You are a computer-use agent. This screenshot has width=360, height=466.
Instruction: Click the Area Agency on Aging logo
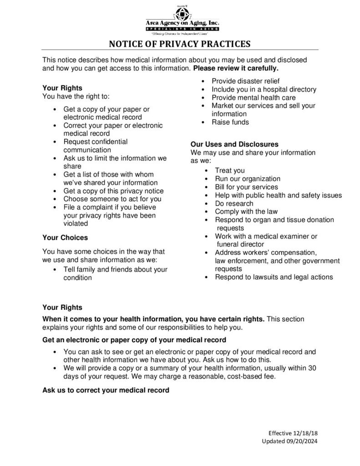(182, 20)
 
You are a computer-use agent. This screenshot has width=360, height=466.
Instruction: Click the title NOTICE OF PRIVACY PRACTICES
(180, 44)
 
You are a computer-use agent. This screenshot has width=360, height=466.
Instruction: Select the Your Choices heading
(65, 238)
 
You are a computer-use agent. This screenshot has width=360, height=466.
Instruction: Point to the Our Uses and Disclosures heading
(234, 144)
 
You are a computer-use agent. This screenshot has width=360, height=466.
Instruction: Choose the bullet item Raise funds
(230, 122)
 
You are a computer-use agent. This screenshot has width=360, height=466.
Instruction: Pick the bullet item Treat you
(230, 171)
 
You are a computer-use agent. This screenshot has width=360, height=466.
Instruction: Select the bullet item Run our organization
(248, 179)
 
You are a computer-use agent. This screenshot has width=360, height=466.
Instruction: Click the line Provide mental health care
(254, 97)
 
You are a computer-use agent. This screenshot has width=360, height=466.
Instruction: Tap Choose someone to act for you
(112, 199)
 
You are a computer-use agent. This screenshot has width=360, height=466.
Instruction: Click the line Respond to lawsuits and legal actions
(274, 277)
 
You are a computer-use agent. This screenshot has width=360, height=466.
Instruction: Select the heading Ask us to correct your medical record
(106, 390)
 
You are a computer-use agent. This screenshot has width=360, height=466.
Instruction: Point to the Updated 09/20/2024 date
(287, 441)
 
